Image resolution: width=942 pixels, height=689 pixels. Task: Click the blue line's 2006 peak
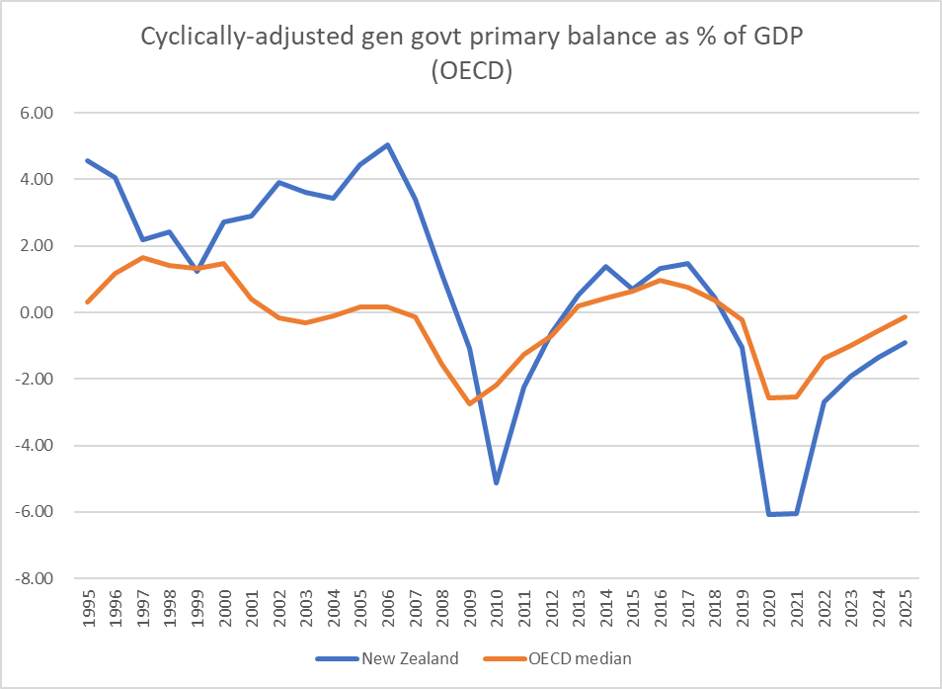pyautogui.click(x=387, y=144)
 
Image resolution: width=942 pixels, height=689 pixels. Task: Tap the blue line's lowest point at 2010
pyautogui.click(x=496, y=482)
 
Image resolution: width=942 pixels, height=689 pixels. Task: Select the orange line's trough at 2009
pyautogui.click(x=469, y=404)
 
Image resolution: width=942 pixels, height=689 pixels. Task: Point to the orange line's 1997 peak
pyautogui.click(x=143, y=257)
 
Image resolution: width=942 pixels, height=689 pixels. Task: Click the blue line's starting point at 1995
pyautogui.click(x=89, y=160)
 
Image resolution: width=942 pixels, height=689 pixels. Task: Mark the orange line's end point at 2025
pyautogui.click(x=903, y=317)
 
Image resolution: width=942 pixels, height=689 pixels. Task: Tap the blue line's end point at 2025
pyautogui.click(x=903, y=343)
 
